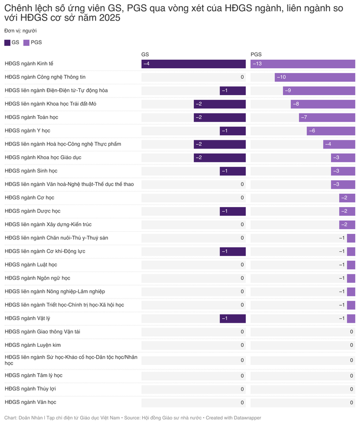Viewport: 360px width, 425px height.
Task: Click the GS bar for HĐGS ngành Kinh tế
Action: pos(193,64)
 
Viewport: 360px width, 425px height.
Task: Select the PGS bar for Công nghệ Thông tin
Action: pos(315,77)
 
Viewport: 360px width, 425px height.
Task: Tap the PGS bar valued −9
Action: pos(319,90)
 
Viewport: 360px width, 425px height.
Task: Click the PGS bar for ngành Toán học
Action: pos(327,117)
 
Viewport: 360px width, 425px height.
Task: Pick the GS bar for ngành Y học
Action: pos(232,131)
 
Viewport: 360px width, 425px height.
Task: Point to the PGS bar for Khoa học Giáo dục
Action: pos(343,157)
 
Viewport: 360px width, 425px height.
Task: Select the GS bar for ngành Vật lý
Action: pos(232,319)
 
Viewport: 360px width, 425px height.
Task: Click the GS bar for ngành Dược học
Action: pos(232,211)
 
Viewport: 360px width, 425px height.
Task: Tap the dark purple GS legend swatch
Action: pos(7,43)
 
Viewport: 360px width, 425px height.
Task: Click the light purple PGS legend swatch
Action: pos(27,43)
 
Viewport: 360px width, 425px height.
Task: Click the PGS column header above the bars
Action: pos(256,54)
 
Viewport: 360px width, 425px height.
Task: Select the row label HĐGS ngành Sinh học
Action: pos(31,171)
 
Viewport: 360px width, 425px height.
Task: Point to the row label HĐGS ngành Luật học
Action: pos(31,265)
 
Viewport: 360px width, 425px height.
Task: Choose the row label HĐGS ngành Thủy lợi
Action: pos(30,389)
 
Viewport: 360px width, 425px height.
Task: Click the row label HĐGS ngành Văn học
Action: pos(30,402)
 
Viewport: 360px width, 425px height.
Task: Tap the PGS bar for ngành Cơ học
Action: pos(347,198)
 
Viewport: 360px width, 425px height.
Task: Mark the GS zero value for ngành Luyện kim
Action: pos(242,345)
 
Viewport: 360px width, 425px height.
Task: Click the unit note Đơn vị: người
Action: pos(21,31)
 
